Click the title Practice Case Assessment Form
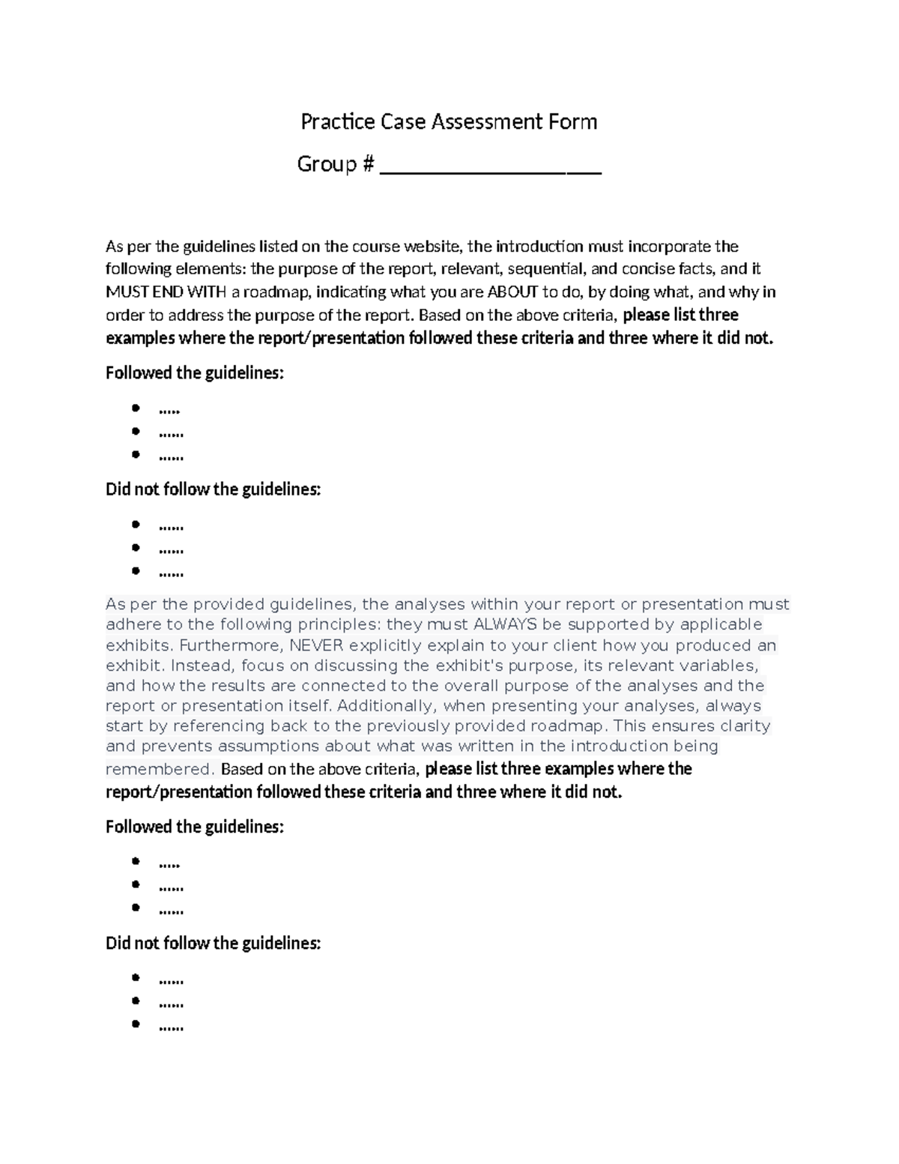coord(449,121)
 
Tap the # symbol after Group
coord(367,164)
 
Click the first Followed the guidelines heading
coord(195,373)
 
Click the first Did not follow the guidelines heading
coord(213,489)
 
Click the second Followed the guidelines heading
coord(195,827)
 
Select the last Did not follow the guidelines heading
coord(213,943)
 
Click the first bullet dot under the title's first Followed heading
coord(136,408)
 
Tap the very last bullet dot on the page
coord(136,1024)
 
